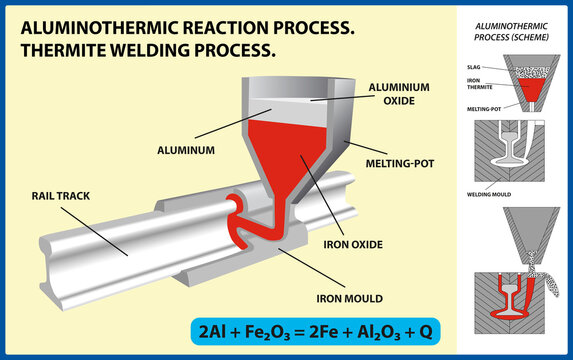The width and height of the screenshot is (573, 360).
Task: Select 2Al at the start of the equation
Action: point(257,327)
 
